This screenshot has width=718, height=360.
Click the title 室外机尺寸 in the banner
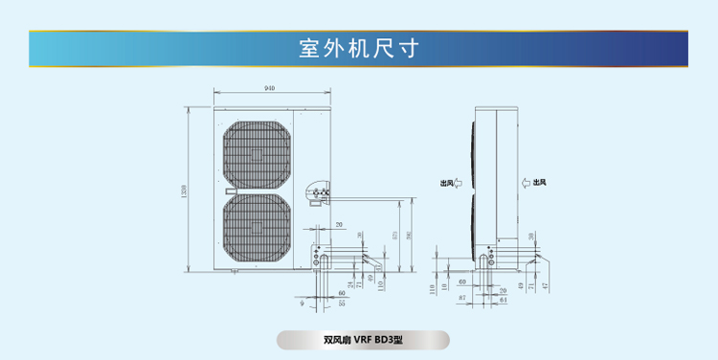tap(359, 48)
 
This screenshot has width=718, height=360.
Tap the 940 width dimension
tap(270, 89)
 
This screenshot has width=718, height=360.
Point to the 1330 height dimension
tap(184, 190)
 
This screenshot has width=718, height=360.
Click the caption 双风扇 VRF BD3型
tap(362, 340)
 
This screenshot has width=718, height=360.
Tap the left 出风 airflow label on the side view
tap(445, 183)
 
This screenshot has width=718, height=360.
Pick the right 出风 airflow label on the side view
tap(540, 183)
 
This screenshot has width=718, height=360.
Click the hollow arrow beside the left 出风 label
tap(458, 183)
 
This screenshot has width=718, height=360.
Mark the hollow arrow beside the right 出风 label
tap(526, 183)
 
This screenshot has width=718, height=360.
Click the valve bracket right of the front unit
tap(318, 192)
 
